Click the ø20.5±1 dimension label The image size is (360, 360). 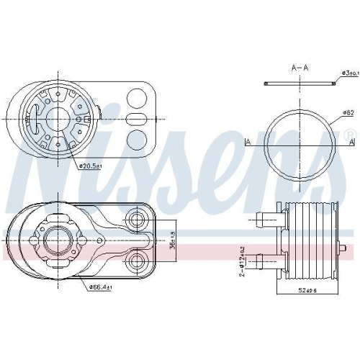click(x=91, y=166)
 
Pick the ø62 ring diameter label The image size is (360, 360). click(x=348, y=113)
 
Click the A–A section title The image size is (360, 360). click(x=300, y=68)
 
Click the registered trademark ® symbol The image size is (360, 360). click(x=349, y=135)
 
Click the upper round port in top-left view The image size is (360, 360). click(x=135, y=96)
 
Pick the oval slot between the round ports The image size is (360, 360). click(x=135, y=117)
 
